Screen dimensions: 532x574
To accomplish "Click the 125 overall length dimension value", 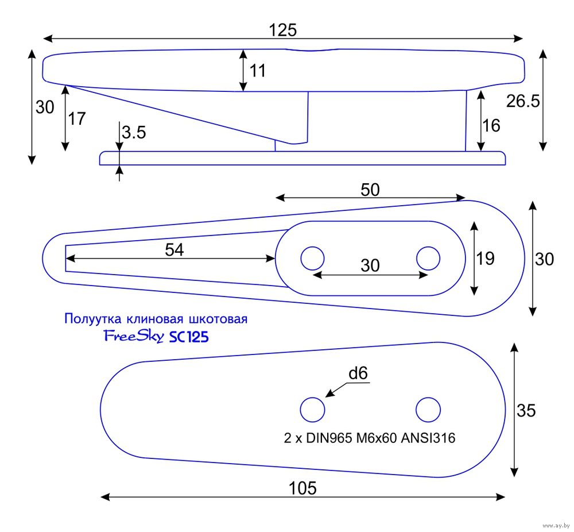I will (283, 30).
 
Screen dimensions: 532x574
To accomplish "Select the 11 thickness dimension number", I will (258, 71).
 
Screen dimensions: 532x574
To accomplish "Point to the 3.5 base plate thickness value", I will (134, 133).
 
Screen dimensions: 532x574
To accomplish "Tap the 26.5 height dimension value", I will (523, 101).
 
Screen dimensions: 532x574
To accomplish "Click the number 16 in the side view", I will (492, 125).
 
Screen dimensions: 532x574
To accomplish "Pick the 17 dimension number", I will (77, 119).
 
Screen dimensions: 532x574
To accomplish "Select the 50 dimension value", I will (370, 190).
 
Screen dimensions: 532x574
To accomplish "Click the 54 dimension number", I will (174, 249).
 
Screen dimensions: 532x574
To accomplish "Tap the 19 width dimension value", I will (485, 259).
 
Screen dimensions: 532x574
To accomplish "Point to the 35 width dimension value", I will (526, 410).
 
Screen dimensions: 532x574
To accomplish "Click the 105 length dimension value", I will (303, 488).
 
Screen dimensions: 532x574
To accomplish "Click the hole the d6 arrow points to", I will (313, 410).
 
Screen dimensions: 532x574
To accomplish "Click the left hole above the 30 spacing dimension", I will (313, 258).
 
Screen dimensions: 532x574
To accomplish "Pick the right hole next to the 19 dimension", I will (428, 258).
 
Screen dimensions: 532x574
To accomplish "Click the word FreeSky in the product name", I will (134, 336).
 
